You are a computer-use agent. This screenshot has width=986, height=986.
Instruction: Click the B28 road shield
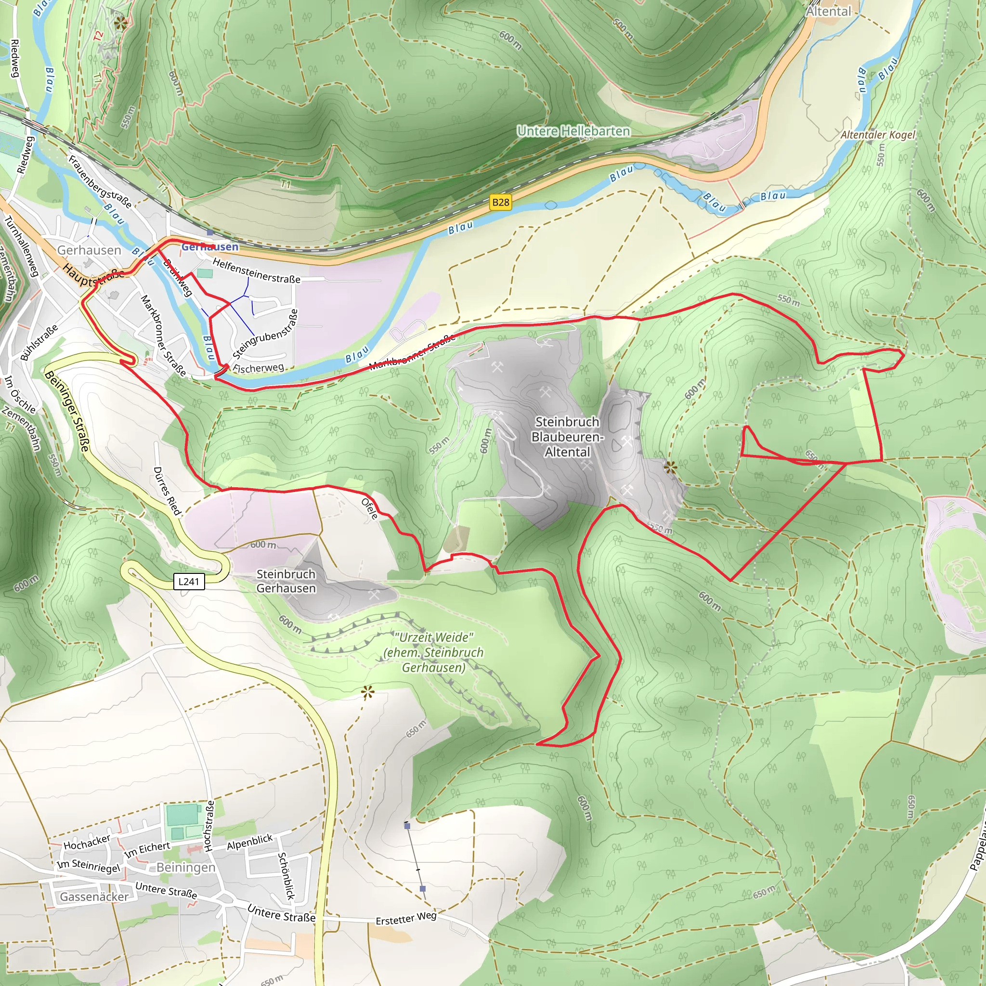(x=500, y=202)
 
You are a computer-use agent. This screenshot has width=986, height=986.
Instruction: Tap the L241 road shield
(x=189, y=581)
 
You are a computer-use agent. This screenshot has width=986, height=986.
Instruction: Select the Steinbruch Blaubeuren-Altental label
(x=567, y=437)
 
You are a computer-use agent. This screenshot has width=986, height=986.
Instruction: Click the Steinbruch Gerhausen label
(x=286, y=581)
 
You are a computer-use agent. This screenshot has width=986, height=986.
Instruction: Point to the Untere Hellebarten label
(x=573, y=131)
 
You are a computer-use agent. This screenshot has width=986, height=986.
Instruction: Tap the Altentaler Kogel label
(x=878, y=135)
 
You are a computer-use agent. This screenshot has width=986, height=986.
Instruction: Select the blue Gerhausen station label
(x=210, y=247)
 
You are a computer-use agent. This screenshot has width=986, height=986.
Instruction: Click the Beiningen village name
(x=186, y=867)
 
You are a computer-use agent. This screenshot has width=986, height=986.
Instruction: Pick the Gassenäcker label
(x=94, y=896)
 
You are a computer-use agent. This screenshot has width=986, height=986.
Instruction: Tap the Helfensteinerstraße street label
(x=256, y=271)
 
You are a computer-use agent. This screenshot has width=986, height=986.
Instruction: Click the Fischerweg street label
(x=258, y=368)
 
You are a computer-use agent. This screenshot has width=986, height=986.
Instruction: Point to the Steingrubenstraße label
(x=265, y=334)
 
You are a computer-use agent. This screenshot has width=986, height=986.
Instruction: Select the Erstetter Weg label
(x=406, y=918)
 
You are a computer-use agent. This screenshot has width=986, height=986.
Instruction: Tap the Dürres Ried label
(x=167, y=491)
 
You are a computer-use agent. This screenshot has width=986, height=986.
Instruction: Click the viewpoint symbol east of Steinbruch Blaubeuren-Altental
(x=670, y=467)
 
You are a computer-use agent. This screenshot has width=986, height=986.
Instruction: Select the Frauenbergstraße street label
(x=100, y=182)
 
